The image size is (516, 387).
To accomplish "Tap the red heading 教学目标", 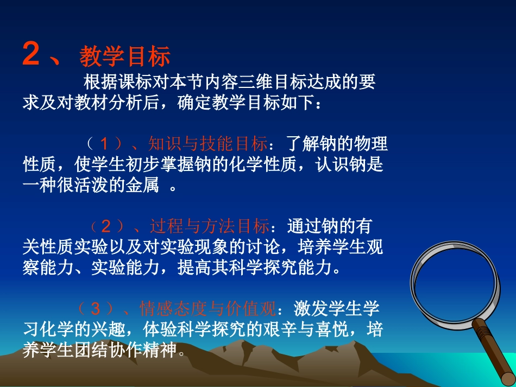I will pyautogui.click(x=125, y=56).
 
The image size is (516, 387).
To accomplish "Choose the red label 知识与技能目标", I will pyautogui.click(x=207, y=144).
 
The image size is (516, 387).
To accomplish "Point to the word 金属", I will pyautogui.click(x=144, y=186).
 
